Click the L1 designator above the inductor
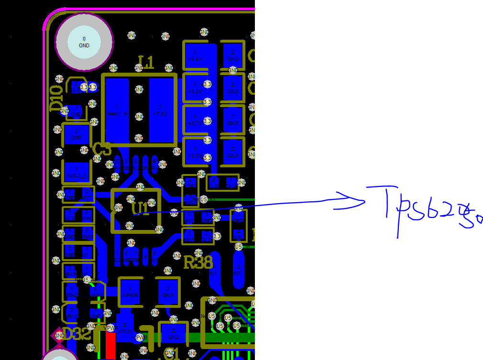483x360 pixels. pos(146,62)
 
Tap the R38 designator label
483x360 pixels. pos(198,262)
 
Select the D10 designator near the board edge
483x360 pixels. pos(56,98)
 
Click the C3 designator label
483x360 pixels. pos(102,150)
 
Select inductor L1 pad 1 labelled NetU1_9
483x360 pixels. pos(117,110)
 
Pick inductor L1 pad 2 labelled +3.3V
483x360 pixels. pos(160,110)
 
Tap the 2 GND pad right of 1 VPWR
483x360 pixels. pos(168,292)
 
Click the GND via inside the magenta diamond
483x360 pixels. pos(59,336)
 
